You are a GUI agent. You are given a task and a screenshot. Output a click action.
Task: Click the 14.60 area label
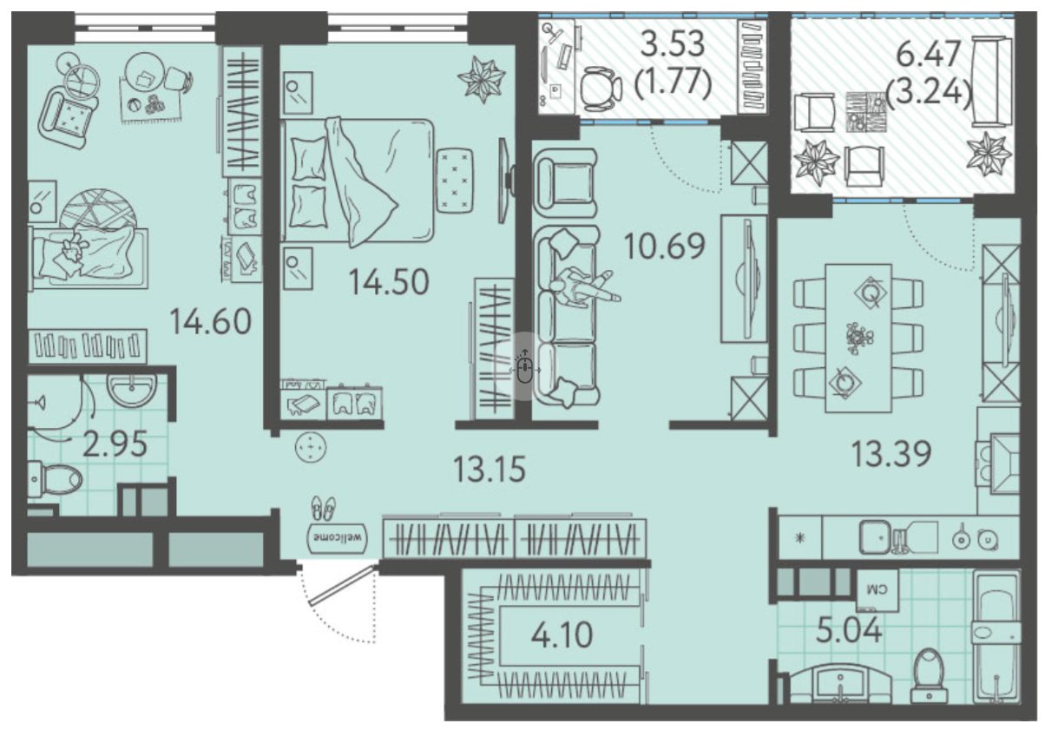(x=210, y=321)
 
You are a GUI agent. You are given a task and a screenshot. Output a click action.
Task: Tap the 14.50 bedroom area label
(x=389, y=282)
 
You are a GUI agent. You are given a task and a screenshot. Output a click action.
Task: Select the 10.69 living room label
(x=665, y=246)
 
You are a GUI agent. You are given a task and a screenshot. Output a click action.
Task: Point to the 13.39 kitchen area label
(x=891, y=454)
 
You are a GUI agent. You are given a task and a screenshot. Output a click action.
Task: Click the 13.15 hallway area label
(x=489, y=470)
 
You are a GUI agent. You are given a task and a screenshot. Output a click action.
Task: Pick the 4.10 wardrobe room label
(x=562, y=635)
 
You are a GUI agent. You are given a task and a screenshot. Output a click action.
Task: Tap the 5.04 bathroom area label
(x=849, y=631)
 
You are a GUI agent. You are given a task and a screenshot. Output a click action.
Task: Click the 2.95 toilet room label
(x=115, y=444)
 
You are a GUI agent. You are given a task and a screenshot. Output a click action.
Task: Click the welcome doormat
(x=338, y=537)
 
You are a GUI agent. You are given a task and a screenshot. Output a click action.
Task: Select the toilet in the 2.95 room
(x=55, y=479)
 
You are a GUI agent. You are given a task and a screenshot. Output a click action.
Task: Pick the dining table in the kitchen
(x=858, y=338)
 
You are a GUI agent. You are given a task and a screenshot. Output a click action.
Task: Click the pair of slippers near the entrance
(x=325, y=508)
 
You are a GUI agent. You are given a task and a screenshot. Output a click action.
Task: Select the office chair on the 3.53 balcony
(x=600, y=89)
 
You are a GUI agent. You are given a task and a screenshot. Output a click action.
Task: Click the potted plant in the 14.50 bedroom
(x=482, y=79)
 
